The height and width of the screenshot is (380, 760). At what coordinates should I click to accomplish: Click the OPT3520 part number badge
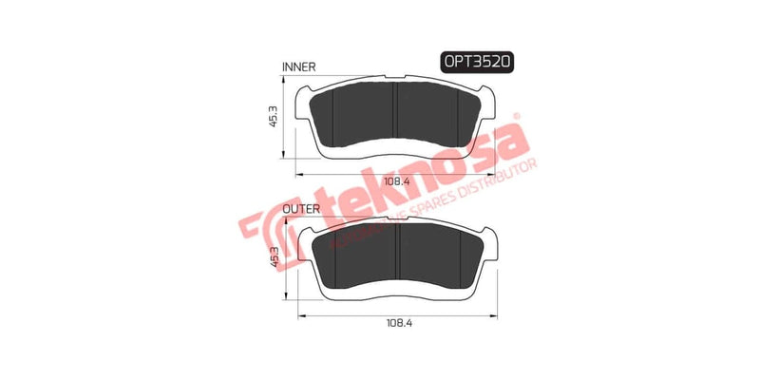pyautogui.click(x=477, y=62)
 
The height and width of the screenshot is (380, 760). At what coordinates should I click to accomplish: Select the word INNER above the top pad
pyautogui.click(x=299, y=66)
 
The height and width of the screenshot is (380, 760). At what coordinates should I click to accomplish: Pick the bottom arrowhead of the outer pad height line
pyautogui.click(x=281, y=295)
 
